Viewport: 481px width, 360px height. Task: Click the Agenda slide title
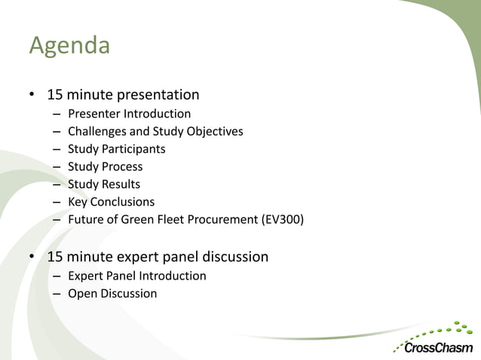pos(69,47)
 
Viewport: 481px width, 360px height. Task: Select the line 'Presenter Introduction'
pos(129,114)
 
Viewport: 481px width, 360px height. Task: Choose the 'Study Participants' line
pos(116,149)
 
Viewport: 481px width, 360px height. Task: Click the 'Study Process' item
pos(105,166)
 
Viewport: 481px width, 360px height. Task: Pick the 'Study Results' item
pos(104,185)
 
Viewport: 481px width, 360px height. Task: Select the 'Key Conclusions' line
pos(111,202)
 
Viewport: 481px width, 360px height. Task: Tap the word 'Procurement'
pos(218,220)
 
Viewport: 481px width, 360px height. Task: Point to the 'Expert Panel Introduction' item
pos(136,276)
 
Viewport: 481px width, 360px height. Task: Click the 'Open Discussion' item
pos(112,294)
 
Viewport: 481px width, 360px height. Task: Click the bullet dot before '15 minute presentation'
pos(32,96)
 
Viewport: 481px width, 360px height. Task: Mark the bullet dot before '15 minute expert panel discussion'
pos(32,258)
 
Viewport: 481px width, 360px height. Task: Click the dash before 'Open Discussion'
pos(57,294)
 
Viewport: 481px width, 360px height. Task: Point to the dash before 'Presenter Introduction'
pos(57,114)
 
